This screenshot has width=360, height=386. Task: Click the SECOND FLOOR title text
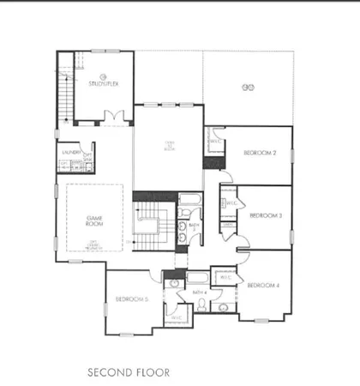coord(129,372)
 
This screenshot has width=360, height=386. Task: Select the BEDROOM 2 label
coord(260,153)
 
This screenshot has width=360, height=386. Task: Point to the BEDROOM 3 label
coord(266,217)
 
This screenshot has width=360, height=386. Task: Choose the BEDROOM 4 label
coord(264,284)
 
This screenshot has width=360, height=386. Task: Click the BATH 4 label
coord(200,293)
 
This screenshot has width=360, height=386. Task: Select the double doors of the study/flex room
coord(111,116)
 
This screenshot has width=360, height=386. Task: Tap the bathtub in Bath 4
coord(196,277)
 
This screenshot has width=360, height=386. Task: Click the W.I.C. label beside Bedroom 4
coord(225,277)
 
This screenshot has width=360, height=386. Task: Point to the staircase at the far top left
coord(67,86)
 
